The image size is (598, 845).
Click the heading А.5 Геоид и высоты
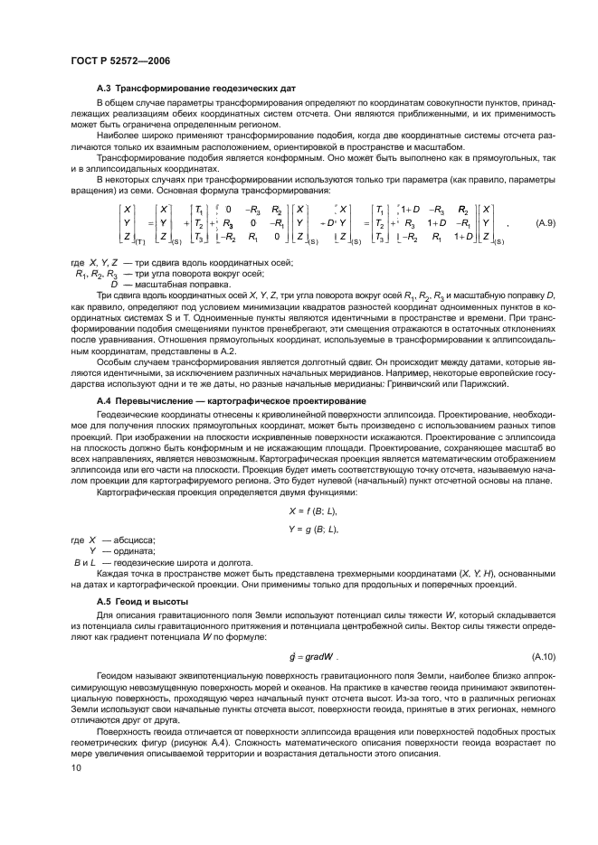coord(141,601)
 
